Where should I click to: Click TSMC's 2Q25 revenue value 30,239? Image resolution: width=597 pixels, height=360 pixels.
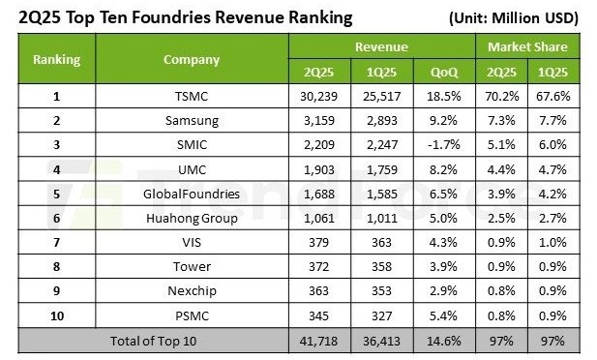tap(318, 96)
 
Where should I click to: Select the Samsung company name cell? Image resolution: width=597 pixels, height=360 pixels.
tap(192, 121)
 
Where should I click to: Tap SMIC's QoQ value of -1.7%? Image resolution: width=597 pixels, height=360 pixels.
tap(443, 145)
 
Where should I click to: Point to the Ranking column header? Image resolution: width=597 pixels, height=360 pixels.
tap(57, 59)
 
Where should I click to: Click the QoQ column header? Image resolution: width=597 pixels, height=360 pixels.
tap(444, 72)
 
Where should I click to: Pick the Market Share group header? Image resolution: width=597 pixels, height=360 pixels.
tap(527, 46)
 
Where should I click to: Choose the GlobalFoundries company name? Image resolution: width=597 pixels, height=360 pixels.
tap(192, 194)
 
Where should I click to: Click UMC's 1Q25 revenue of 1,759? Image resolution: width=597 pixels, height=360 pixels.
tap(381, 169)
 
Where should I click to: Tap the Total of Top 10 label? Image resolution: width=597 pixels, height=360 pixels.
tap(153, 341)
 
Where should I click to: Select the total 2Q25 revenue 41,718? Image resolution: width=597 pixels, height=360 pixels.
tap(318, 341)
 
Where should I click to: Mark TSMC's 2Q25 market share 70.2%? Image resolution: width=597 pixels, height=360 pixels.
tap(502, 96)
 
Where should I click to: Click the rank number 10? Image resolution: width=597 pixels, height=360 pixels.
tap(57, 315)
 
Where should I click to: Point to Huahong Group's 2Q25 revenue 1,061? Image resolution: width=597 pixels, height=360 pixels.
tap(319, 219)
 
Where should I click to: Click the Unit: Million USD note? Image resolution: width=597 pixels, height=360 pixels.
tap(514, 18)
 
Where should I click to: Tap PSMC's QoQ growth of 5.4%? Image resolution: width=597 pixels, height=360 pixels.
tap(443, 315)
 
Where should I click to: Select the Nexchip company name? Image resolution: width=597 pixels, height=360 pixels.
tap(192, 291)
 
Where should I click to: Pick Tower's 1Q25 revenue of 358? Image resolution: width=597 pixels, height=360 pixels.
tap(381, 267)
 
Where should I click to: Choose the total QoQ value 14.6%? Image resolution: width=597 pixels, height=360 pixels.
tap(443, 341)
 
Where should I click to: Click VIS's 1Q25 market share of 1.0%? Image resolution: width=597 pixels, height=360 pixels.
tap(552, 242)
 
